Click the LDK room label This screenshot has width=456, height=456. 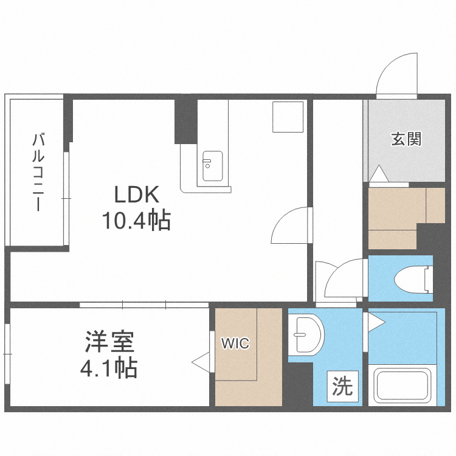coord(137,195)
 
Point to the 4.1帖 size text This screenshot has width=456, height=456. coord(109,367)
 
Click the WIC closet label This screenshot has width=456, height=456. coord(235,344)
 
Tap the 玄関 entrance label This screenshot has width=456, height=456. coord(406,139)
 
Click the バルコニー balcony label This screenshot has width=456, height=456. coord(38,172)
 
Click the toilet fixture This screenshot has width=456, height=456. coord(412,279)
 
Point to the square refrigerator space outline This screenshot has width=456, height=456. coord(288,117)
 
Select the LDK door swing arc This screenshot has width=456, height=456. coord(290,226)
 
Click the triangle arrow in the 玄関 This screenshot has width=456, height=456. coord(379,174)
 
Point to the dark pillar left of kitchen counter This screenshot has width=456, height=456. coord(186,120)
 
